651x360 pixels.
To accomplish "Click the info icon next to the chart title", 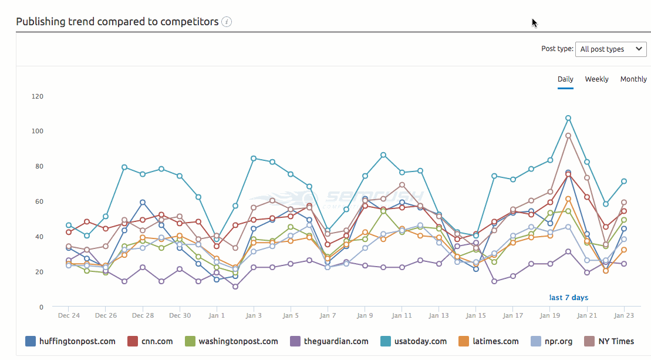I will point(227,22).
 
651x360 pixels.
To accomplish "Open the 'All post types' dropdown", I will point(611,49).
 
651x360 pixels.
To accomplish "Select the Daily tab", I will point(565,79).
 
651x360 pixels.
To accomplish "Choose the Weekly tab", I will point(596,79).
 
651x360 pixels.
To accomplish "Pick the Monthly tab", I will point(633,79).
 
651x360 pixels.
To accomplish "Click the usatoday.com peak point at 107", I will point(568,118).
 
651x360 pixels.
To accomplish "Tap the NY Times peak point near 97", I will point(568,136).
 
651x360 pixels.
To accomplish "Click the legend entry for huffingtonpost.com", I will point(70,341).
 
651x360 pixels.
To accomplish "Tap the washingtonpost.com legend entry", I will point(231,341).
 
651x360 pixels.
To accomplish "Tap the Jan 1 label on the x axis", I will point(217,315).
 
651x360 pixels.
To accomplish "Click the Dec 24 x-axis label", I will point(69,315).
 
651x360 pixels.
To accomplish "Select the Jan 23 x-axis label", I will point(623,315).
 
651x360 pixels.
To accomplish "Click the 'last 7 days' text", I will point(568,298).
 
